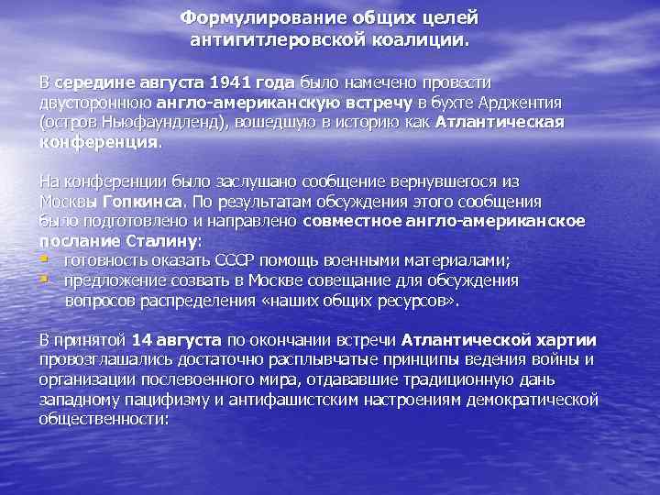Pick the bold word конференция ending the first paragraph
pos(98,142)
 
